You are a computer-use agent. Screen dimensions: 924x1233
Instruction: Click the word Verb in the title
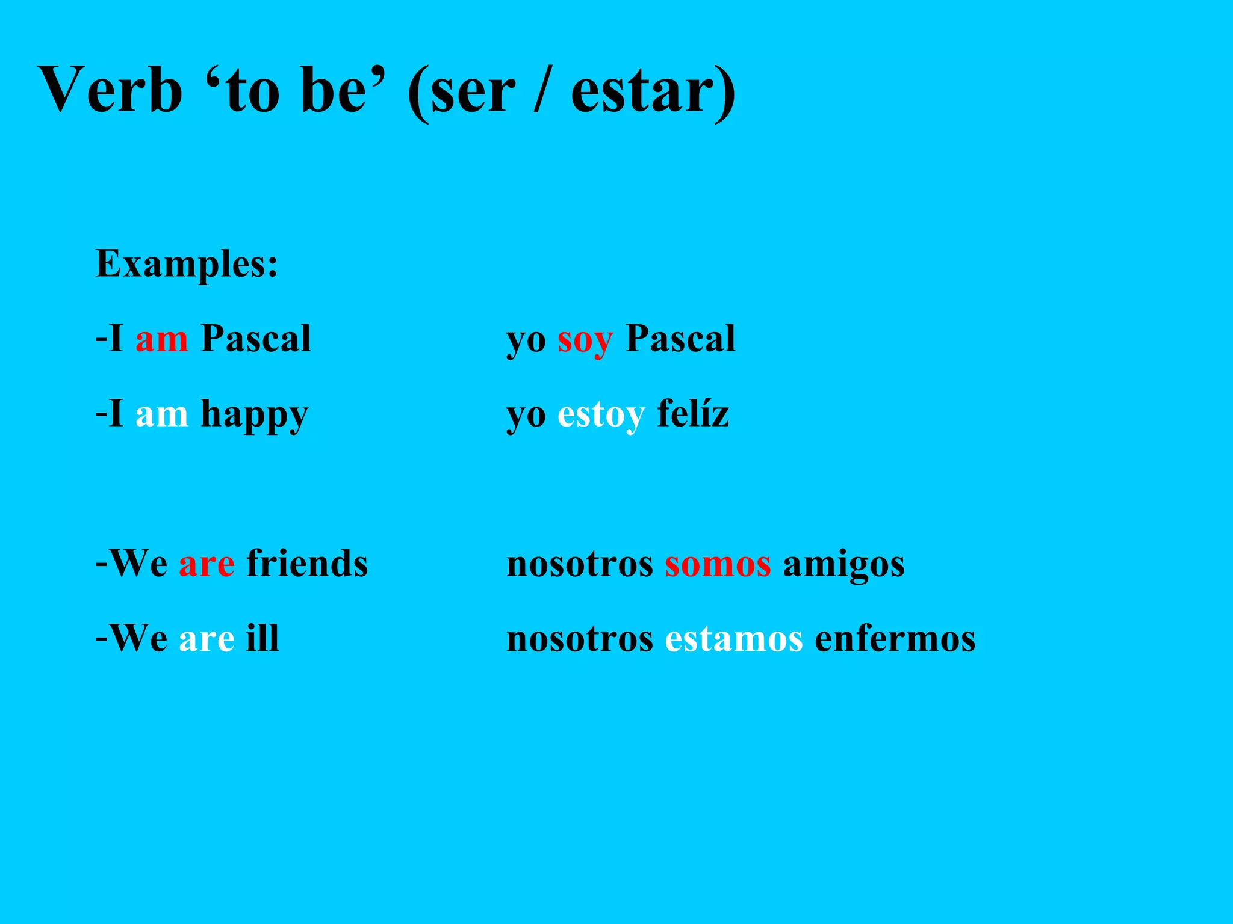click(110, 90)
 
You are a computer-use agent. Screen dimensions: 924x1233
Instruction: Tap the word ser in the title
click(473, 91)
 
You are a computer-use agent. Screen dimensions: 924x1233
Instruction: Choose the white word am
click(161, 414)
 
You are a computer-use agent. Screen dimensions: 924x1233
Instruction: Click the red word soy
click(585, 340)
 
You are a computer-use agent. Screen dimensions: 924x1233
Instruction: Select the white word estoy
click(601, 415)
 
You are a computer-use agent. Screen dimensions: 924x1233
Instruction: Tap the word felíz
click(693, 413)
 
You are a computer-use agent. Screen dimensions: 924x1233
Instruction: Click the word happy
click(254, 415)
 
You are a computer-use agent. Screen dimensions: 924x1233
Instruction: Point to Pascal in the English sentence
click(256, 338)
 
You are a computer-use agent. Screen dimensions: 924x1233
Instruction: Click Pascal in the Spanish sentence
click(680, 338)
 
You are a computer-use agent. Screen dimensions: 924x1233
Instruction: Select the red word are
click(207, 565)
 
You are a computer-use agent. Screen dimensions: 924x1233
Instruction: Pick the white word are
click(207, 639)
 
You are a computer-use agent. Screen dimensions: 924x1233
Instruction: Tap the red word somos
click(718, 565)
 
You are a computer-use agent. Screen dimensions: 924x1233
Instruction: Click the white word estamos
click(733, 639)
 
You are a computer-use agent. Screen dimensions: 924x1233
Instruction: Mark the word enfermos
click(895, 639)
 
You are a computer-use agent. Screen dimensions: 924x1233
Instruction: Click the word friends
click(307, 564)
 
